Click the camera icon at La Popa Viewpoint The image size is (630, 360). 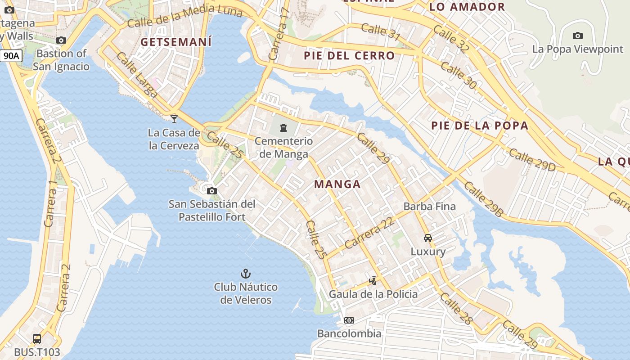coord(577,36)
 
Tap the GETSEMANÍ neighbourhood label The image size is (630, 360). coord(176,42)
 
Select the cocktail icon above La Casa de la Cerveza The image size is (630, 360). coord(174,119)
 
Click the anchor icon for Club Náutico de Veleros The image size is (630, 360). coord(245,273)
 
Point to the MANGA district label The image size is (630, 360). coord(337,184)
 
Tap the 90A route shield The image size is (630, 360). coord(11,56)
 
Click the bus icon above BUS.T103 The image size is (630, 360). coord(37,338)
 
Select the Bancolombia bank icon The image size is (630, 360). coord(349,320)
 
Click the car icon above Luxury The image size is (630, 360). coord(428,238)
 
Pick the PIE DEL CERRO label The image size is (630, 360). coord(349,56)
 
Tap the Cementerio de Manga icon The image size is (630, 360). coord(283,128)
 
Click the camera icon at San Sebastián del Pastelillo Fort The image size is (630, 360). coord(212,191)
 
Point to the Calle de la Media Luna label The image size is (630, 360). coord(184,16)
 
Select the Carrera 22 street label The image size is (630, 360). coord(369,233)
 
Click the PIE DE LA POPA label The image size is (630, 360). coord(480,126)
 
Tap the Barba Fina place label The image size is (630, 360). coord(430,207)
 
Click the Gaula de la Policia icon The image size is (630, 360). coord(373,281)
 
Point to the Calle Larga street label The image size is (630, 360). coord(137,75)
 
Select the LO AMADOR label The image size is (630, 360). coord(467,7)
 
